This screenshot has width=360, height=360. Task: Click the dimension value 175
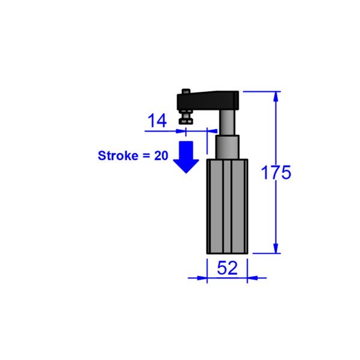276,173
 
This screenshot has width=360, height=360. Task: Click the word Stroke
117,155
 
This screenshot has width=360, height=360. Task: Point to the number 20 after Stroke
161,155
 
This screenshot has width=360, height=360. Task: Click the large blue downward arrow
186,157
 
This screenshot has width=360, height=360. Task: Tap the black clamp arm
216,100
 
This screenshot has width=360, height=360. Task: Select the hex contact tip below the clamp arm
186,121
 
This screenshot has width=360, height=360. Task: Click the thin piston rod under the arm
227,122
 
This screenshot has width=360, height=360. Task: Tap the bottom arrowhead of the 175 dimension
276,248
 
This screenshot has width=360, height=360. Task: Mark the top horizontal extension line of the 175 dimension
258,91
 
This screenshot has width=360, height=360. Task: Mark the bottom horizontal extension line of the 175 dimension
264,253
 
